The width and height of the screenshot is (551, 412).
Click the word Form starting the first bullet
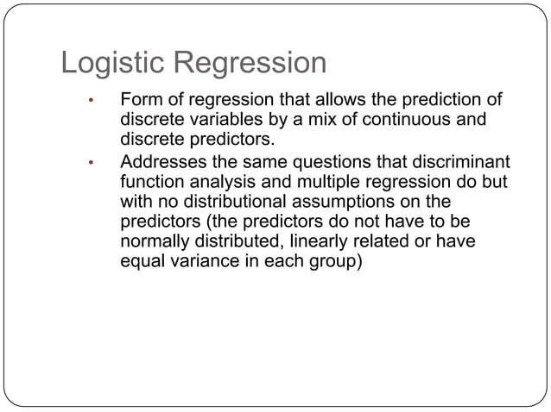point(140,100)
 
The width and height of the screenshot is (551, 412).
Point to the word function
point(150,181)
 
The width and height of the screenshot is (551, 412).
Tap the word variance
point(198,261)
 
